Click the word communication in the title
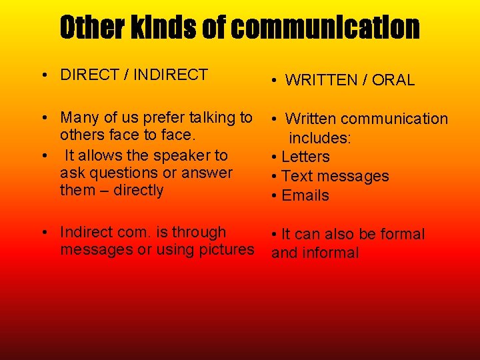327,27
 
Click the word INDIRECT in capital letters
171,75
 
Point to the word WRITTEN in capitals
321,80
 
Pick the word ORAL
393,80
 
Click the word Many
78,118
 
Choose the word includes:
320,138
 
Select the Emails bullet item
305,195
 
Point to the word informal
330,253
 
